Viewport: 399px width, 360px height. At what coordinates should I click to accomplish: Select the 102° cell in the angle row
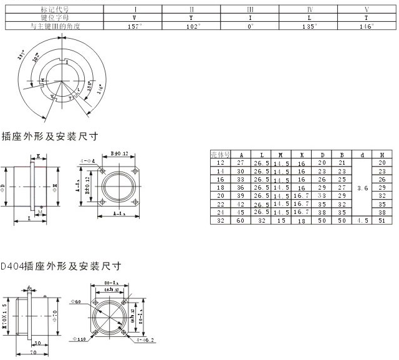[191, 27]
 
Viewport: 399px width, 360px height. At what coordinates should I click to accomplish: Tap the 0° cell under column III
[250, 27]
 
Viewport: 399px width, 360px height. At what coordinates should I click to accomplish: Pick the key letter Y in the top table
[191, 18]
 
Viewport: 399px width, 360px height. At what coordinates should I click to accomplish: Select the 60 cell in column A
[241, 220]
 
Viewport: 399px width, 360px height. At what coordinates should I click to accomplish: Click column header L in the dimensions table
[261, 153]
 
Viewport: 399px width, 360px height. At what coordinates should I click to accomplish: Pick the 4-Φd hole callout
[87, 161]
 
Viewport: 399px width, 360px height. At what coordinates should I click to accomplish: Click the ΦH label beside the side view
[55, 186]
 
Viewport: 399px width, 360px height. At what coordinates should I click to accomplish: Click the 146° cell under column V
[367, 27]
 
